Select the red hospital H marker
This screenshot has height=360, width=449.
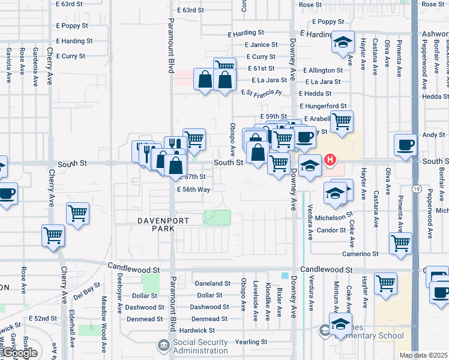click(x=330, y=160)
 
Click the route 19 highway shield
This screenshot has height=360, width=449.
click(x=415, y=190)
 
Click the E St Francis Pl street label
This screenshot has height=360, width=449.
click(x=261, y=92)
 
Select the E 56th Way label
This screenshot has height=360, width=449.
click(x=193, y=189)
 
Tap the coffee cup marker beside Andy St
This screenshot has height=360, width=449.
click(x=405, y=145)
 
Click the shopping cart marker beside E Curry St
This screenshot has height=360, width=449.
click(x=224, y=66)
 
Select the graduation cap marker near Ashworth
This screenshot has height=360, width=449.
click(x=343, y=42)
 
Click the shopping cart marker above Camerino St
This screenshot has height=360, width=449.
click(x=400, y=242)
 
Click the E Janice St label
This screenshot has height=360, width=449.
click(x=261, y=44)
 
